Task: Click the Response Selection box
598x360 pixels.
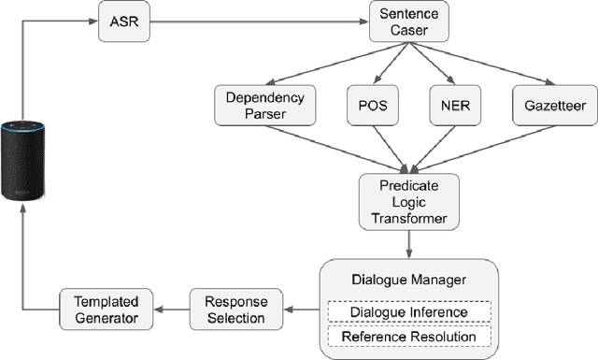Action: (228, 310)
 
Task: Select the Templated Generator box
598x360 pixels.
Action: (100, 310)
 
